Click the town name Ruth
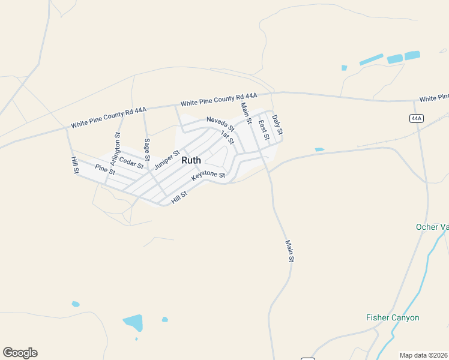click(191, 160)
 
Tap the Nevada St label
click(220, 124)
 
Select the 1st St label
click(227, 137)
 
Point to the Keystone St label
click(208, 176)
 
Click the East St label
click(263, 130)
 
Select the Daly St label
click(277, 124)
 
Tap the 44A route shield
click(417, 118)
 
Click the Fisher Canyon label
click(393, 317)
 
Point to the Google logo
click(20, 353)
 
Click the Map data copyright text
click(423, 355)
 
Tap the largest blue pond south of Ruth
click(134, 322)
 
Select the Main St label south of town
click(289, 251)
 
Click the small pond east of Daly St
click(319, 149)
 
